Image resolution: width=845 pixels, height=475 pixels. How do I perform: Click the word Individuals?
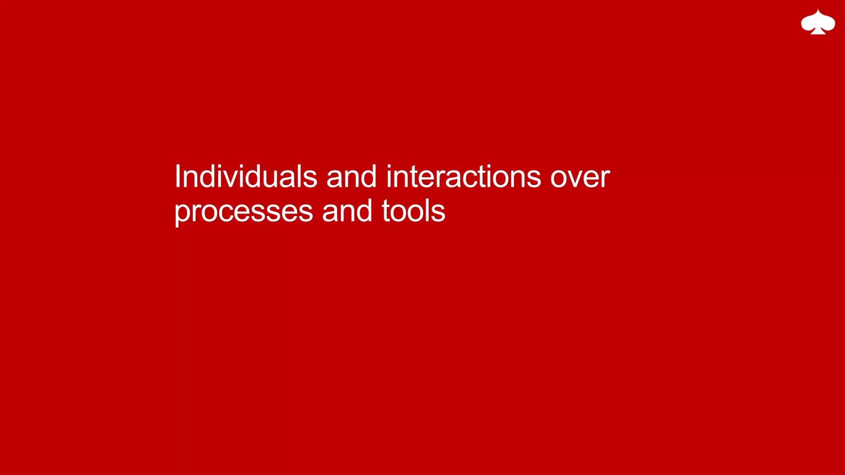click(245, 176)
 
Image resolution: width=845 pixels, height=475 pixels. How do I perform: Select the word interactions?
click(463, 176)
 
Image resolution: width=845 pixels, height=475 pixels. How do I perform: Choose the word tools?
click(413, 211)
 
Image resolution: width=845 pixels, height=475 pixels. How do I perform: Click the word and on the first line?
click(351, 176)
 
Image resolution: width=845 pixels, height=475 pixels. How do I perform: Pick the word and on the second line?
click(347, 211)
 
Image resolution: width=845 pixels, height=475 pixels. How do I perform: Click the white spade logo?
click(818, 22)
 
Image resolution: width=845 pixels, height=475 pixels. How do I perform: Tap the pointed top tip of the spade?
click(818, 10)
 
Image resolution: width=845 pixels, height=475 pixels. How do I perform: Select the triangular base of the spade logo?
click(818, 31)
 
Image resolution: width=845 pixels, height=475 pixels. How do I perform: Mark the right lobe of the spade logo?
click(828, 24)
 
